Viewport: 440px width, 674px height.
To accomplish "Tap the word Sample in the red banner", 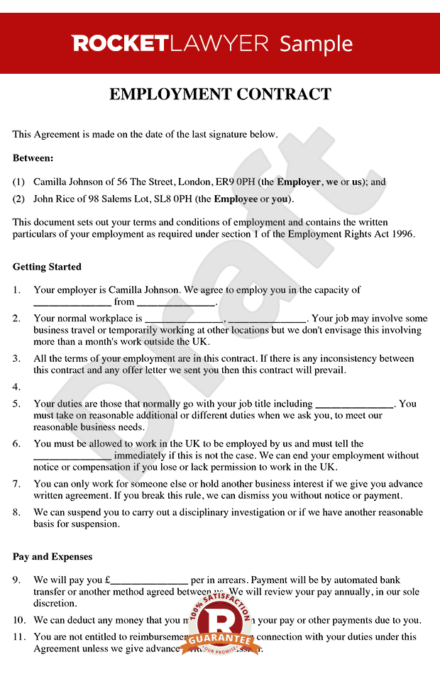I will pos(316,44).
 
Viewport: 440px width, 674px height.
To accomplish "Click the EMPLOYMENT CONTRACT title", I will pos(220,94).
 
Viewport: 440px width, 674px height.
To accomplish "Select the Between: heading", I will pos(33,158).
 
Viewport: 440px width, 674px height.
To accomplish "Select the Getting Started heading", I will pos(47,267).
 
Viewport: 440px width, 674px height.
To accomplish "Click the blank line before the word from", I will pos(72,302).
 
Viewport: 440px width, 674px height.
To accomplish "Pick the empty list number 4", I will pos(17,387).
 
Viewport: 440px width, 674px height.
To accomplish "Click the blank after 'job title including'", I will pos(353,404).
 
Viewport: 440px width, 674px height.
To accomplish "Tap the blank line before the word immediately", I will pos(72,456).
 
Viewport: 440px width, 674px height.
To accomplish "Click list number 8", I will pos(17,512).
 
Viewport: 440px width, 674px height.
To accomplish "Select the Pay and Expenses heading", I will pos(53,557).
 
